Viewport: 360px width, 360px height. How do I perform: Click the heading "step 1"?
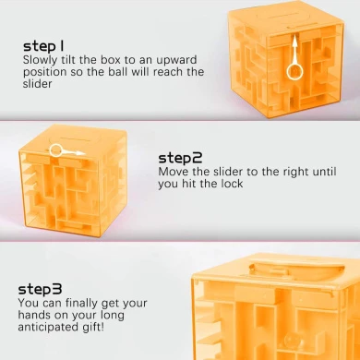click(43, 46)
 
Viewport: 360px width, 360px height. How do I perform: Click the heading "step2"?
click(181, 158)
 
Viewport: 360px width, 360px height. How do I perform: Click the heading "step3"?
click(40, 290)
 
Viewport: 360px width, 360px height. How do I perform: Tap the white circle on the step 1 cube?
click(294, 72)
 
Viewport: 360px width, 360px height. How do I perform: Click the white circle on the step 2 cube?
click(56, 150)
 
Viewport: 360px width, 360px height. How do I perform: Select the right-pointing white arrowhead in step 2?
click(80, 153)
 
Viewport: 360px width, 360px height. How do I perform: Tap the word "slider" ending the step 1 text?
click(37, 83)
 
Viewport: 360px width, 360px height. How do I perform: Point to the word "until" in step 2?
click(324, 172)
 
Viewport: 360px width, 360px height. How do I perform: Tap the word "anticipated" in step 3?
click(48, 327)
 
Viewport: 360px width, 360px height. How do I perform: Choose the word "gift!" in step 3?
click(92, 327)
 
